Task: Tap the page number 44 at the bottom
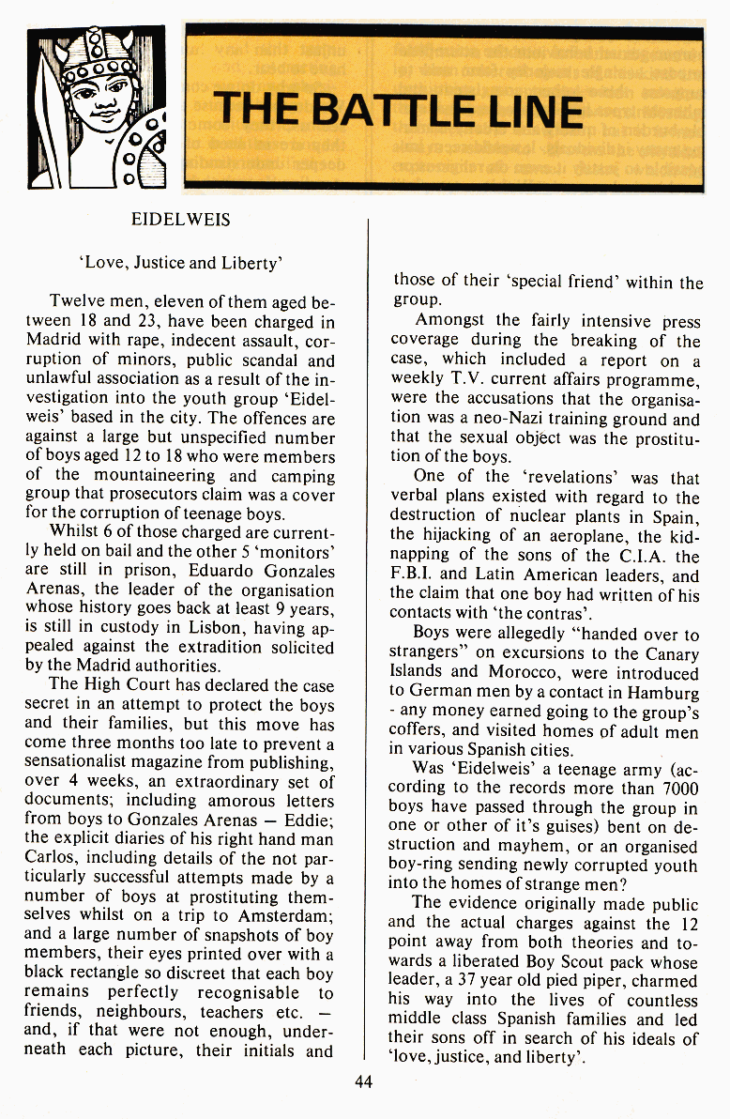tap(364, 1081)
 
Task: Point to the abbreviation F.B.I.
tap(414, 575)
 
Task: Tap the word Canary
tap(672, 654)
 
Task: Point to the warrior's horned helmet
tap(94, 52)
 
